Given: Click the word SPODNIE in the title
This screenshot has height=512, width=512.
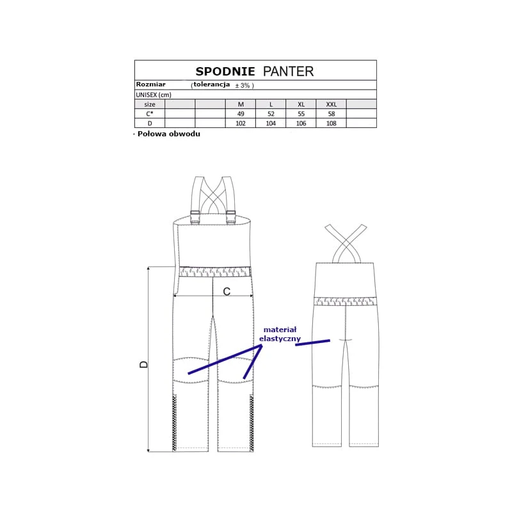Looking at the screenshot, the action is pyautogui.click(x=225, y=72).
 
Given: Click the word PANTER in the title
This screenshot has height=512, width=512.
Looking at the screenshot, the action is pyautogui.click(x=289, y=72).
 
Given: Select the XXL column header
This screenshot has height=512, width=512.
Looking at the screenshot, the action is pyautogui.click(x=331, y=104).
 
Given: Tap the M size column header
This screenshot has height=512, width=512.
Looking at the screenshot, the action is pyautogui.click(x=241, y=104).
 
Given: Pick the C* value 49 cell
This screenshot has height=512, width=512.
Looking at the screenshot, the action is pyautogui.click(x=241, y=114).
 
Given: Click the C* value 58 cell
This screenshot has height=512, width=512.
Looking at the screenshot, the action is pyautogui.click(x=331, y=114).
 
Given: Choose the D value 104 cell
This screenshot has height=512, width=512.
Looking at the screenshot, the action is pyautogui.click(x=271, y=124).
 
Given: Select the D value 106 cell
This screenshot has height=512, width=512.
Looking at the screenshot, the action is pyautogui.click(x=301, y=124).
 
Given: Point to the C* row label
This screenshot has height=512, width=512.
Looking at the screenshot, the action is pyautogui.click(x=150, y=114).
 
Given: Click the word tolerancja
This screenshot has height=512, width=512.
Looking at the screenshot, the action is pyautogui.click(x=212, y=84).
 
